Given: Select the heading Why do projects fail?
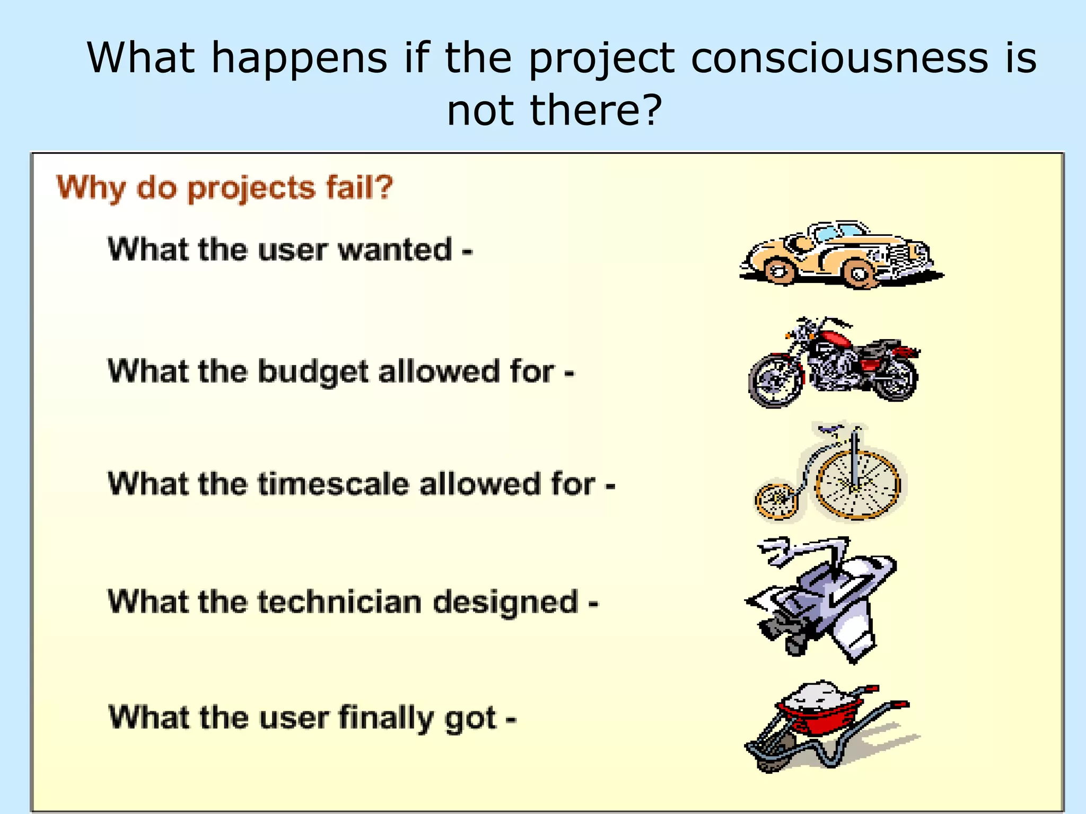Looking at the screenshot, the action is click(224, 188).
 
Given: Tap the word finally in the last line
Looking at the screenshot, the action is click(386, 718).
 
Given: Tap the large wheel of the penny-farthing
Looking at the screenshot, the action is click(857, 485).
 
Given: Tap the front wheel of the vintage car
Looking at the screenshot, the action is click(860, 274).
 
